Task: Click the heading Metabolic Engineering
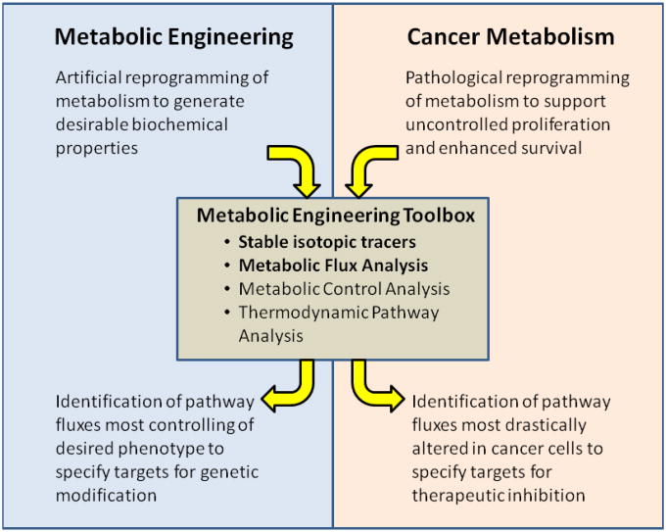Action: (173, 37)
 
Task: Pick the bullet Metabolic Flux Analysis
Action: (333, 265)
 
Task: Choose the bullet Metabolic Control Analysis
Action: (344, 288)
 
